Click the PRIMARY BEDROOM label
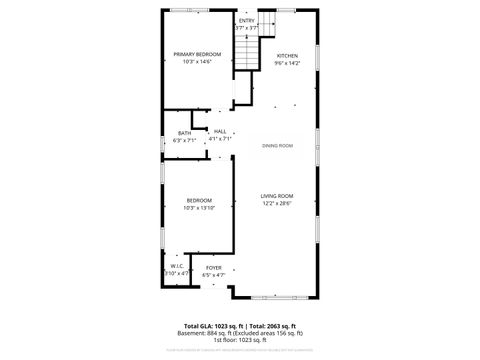[197, 54]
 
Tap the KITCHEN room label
[287, 55]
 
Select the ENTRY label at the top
[246, 20]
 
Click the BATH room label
[185, 133]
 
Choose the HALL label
[220, 131]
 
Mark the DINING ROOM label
[278, 147]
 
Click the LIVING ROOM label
[277, 195]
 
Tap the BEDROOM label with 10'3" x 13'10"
[199, 201]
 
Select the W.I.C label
[176, 266]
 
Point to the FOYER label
[214, 267]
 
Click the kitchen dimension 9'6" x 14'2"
[287, 63]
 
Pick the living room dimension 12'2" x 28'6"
[277, 203]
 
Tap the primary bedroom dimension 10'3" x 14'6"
[197, 62]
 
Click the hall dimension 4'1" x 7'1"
[220, 139]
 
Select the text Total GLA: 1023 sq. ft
[214, 327]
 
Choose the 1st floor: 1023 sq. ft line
[239, 341]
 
